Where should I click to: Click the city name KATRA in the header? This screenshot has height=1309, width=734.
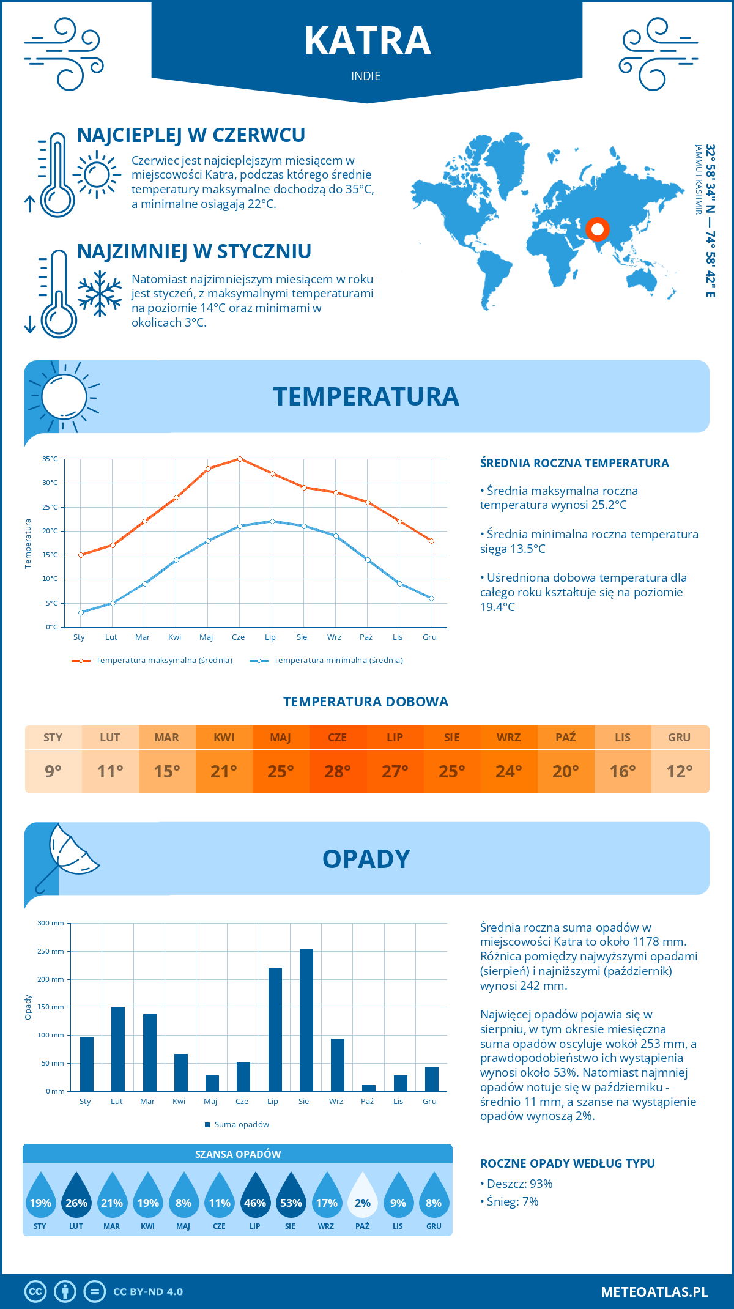pos(368,41)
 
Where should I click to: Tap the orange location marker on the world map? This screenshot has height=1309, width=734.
pos(598,230)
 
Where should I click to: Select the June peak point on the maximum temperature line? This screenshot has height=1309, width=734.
pos(240,459)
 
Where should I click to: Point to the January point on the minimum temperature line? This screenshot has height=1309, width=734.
pos(81,612)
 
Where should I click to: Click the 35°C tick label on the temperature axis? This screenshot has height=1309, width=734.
pos(50,459)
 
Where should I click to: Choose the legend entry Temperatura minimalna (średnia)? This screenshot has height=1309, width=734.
pos(338,661)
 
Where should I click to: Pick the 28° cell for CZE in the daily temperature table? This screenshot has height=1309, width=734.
pos(338,771)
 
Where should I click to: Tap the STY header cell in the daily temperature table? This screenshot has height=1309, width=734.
pos(53,738)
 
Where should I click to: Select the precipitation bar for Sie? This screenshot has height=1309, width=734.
pos(306,1020)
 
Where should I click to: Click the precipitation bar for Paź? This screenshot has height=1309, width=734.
pos(369,1088)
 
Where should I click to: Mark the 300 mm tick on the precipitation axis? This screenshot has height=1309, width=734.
pos(51,923)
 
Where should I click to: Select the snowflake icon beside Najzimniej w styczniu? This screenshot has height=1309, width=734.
pos(100,294)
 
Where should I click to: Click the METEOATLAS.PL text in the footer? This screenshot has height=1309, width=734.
pos(654,1292)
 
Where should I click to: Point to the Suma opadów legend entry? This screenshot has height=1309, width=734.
pos(241,1125)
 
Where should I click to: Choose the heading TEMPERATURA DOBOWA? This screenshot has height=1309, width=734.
pos(366,702)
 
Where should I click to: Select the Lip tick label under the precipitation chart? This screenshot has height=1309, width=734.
pos(273,1102)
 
